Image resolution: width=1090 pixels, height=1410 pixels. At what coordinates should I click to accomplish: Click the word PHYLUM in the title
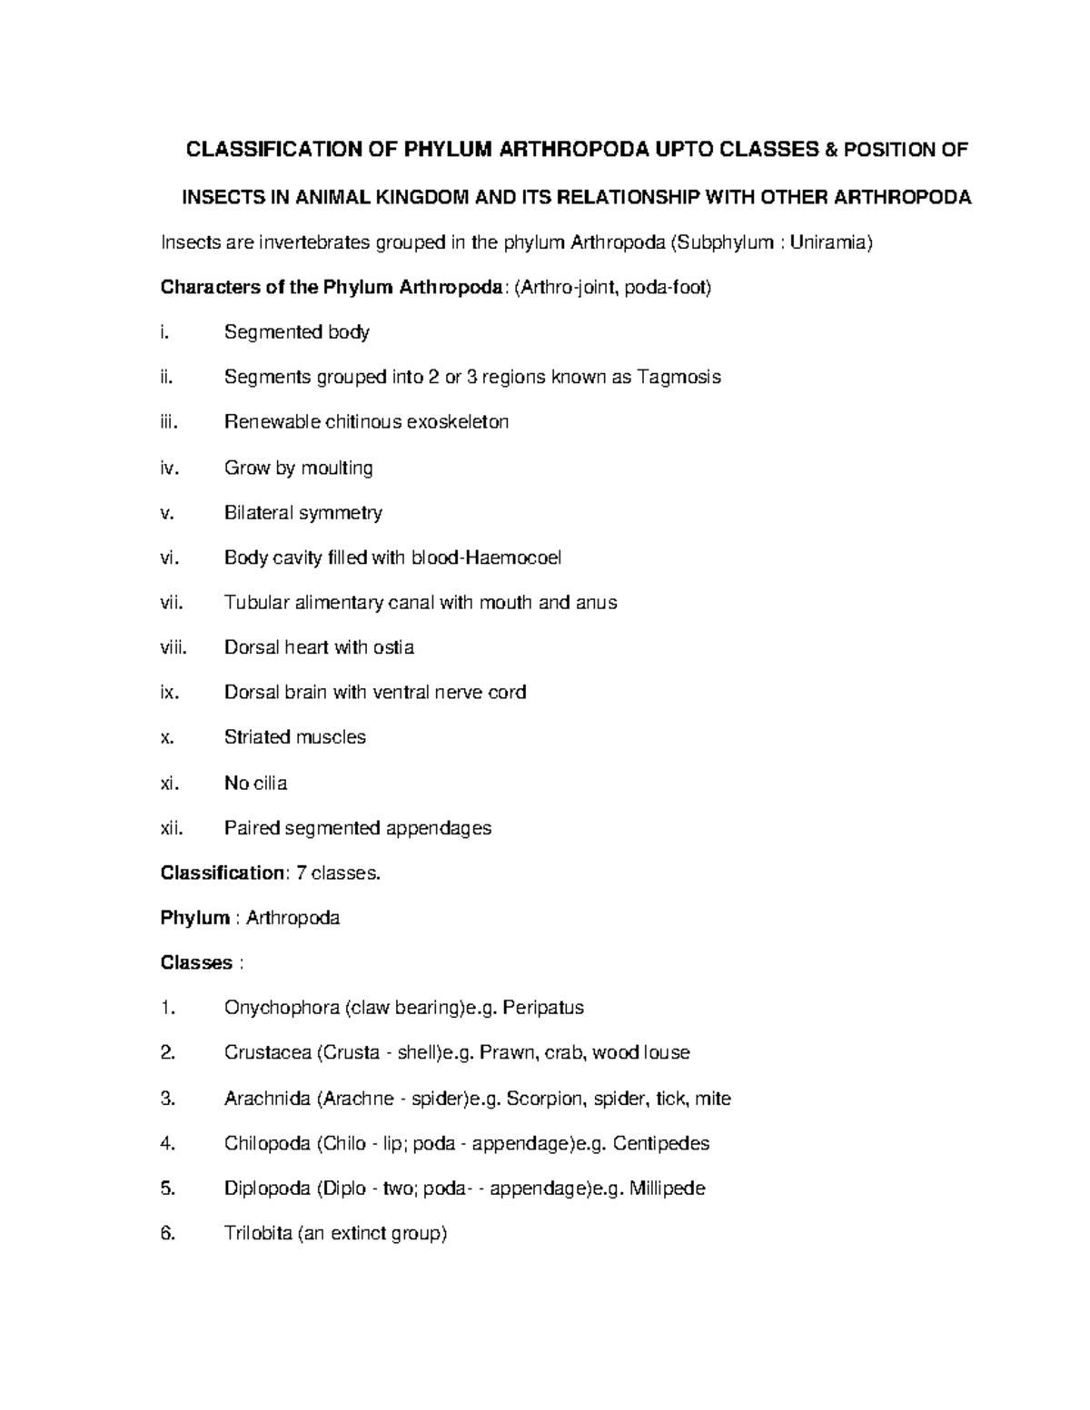coord(443,150)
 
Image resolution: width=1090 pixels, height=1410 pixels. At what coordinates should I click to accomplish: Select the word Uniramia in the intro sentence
coord(829,242)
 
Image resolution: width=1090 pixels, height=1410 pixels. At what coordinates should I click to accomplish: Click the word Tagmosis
coord(679,377)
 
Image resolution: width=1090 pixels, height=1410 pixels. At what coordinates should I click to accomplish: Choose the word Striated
coord(257,737)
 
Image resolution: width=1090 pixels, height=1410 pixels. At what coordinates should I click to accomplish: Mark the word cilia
coord(270,783)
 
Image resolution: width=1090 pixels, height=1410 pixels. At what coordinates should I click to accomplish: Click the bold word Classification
coord(223,873)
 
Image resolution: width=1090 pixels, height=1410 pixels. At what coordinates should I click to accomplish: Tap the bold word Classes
coord(196,962)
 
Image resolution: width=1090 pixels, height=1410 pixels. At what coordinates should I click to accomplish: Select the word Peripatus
coord(543,1008)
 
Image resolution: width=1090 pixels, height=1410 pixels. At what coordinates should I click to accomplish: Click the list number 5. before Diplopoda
coord(165,1188)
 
